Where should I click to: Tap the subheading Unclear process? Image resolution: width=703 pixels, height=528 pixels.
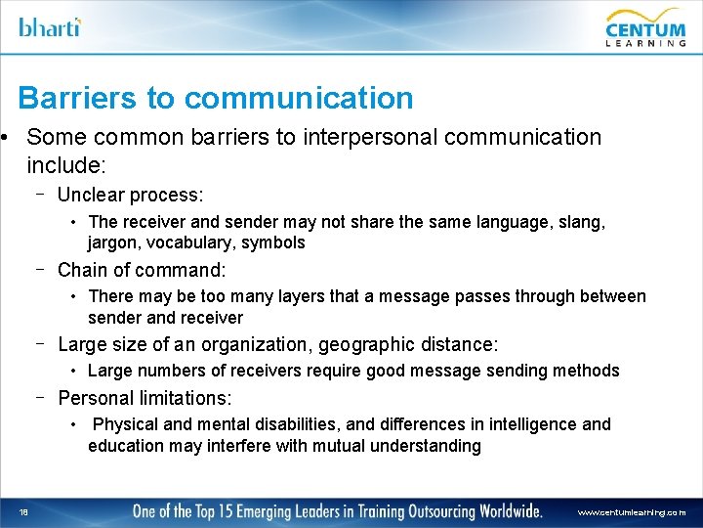click(x=130, y=195)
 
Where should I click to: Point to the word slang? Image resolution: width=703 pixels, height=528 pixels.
click(x=580, y=222)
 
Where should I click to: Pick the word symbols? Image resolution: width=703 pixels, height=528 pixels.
click(x=273, y=242)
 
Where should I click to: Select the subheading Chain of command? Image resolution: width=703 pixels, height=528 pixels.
click(x=142, y=269)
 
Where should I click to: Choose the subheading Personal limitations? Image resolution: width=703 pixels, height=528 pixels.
click(x=145, y=398)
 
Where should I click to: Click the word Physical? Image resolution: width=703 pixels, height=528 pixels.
click(x=124, y=424)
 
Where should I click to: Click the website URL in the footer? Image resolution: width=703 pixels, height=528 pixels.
click(x=631, y=511)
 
